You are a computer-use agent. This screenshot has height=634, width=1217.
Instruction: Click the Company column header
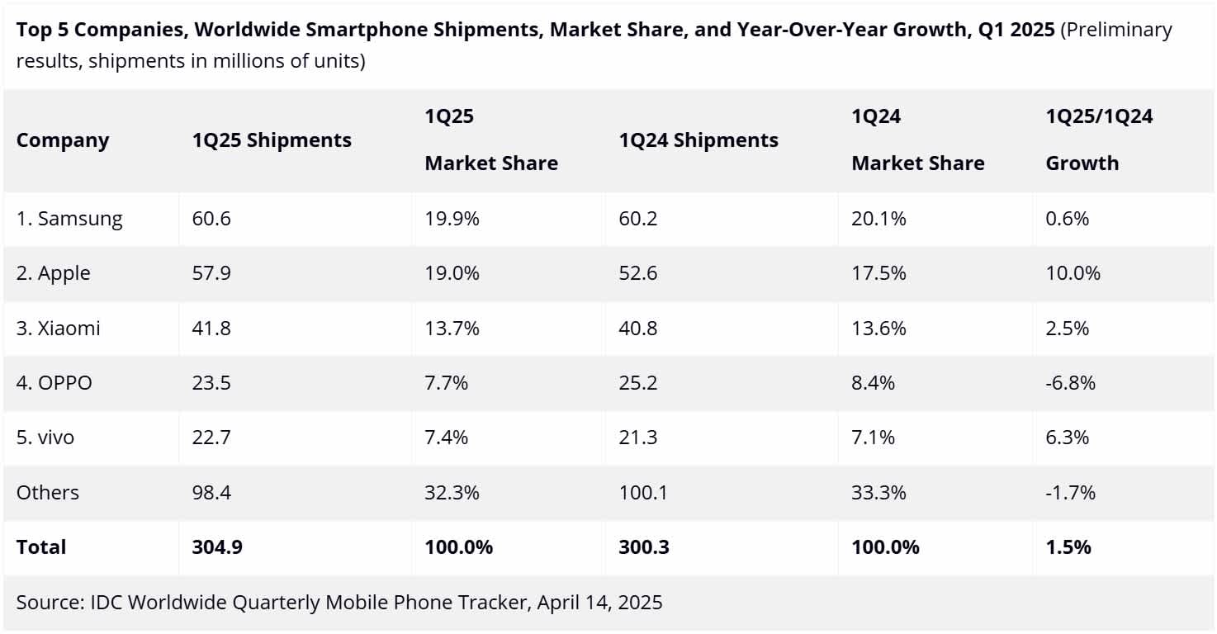pos(63,140)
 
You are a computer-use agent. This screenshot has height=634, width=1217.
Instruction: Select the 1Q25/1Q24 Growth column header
pos(1099,140)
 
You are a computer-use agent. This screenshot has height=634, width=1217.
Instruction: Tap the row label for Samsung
pos(69,219)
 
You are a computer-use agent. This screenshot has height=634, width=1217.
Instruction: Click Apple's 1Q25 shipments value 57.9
pos(211,273)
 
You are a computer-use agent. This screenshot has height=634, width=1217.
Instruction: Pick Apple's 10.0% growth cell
pos(1073,273)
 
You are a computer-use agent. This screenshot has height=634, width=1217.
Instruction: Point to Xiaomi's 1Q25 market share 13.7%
pos(452,328)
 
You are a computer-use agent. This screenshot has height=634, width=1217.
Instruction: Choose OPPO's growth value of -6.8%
pos(1070,383)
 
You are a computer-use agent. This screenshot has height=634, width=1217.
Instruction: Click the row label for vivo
pos(45,438)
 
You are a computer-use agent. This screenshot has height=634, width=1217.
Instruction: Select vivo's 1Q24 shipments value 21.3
pos(638,438)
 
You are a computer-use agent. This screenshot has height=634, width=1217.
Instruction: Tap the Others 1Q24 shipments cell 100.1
pos(642,493)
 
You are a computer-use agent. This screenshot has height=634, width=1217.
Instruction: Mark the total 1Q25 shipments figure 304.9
pos(217,546)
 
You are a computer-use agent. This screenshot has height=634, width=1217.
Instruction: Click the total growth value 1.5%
pos(1068,546)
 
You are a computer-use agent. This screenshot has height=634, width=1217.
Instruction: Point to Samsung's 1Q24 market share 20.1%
pos(878,219)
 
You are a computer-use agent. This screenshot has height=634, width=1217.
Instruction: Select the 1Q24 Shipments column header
pos(698,140)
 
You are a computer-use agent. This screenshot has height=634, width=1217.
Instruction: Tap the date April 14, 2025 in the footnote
pos(599,603)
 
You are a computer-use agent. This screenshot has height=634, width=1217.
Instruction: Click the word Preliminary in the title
pos(1115,31)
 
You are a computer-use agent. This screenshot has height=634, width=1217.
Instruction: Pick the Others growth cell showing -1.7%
pos(1070,493)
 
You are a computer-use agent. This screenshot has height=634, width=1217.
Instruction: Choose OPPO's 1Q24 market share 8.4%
pos(874,383)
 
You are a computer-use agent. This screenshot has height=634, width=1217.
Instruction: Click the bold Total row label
pos(41,546)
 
